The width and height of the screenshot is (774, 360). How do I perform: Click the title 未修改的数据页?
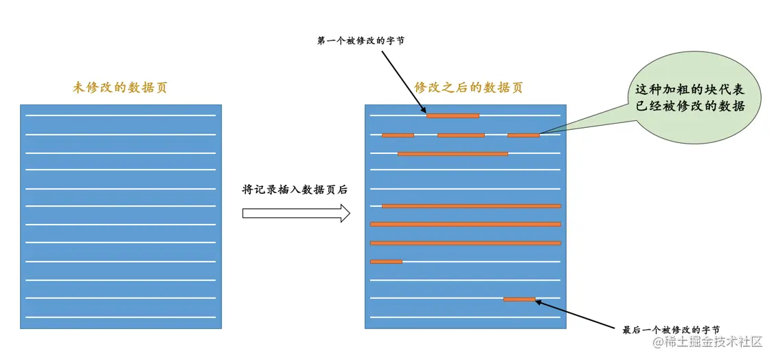tap(120, 88)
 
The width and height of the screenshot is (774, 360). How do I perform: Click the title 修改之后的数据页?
tap(468, 88)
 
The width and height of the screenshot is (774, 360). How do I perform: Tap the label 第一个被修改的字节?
tap(361, 41)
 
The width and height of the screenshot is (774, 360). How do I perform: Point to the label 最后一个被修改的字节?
tap(671, 330)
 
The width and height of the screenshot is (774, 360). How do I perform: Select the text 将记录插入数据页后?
tap(295, 190)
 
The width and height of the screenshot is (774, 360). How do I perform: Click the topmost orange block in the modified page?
tap(453, 115)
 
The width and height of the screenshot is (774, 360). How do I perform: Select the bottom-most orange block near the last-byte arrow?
tap(519, 299)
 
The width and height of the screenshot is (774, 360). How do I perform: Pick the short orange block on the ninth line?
tap(386, 261)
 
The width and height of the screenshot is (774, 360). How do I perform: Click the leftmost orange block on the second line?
tap(398, 135)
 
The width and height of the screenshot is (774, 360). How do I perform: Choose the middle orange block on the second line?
tap(461, 135)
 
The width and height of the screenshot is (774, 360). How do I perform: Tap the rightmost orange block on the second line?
tap(523, 135)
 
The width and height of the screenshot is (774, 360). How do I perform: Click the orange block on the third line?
tap(453, 153)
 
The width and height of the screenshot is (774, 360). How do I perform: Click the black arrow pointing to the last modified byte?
tap(577, 313)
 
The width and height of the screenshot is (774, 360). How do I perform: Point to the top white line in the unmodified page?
tap(121, 115)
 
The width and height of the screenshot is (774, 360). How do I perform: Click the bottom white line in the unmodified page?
tap(121, 317)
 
